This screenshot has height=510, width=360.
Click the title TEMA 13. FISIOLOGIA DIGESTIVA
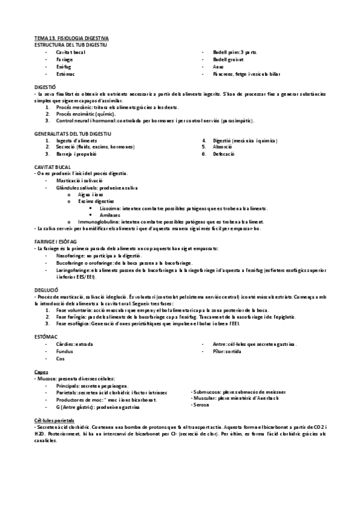71,38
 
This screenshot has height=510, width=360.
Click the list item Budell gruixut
228,60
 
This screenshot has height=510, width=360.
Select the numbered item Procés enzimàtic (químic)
90,113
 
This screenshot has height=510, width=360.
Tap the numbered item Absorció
223,146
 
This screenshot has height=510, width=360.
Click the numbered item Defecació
224,153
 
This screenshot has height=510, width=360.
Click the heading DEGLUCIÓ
47,289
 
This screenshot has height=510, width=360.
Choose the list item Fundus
64,351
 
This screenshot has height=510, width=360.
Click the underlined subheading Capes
41,372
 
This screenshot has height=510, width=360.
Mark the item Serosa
201,406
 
